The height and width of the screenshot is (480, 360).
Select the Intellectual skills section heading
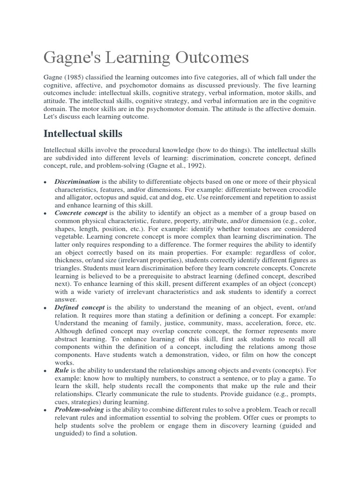[x=83, y=134]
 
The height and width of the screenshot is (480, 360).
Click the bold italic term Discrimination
[x=77, y=181]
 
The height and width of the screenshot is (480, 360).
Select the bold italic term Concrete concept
[x=81, y=213]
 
